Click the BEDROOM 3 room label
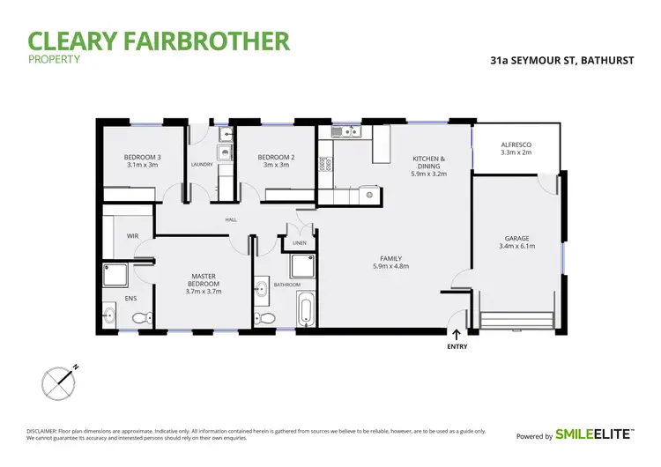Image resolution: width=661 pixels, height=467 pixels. click(141, 158)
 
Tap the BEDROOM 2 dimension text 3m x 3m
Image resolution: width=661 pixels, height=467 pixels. click(276, 165)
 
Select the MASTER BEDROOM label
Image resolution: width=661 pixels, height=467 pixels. click(204, 280)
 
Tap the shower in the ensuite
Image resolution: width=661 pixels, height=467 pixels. click(115, 275)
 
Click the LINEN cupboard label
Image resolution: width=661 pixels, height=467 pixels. click(300, 242)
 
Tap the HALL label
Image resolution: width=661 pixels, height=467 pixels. click(231, 219)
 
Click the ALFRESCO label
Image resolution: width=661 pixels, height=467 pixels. click(516, 144)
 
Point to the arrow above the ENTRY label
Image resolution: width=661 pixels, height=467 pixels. click(456, 333)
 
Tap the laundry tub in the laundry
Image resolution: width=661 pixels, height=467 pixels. click(225, 152)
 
